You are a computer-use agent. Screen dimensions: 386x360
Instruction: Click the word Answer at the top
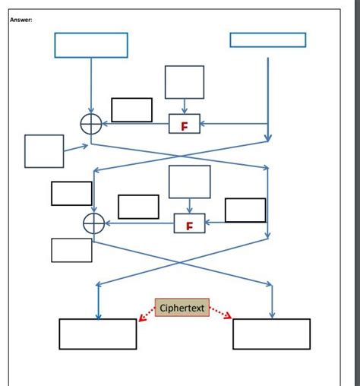pyautogui.click(x=21, y=20)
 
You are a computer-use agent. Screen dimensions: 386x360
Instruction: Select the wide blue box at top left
pyautogui.click(x=90, y=45)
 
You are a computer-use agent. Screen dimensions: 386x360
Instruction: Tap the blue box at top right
pyautogui.click(x=267, y=40)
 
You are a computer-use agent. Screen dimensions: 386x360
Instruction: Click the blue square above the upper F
pyautogui.click(x=185, y=82)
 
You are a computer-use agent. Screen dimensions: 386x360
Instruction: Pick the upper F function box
pyautogui.click(x=185, y=124)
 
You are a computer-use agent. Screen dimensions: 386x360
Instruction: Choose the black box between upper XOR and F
pyautogui.click(x=131, y=109)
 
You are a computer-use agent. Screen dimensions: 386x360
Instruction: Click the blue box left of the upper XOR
pyautogui.click(x=44, y=150)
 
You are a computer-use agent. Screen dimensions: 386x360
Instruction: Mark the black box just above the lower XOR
pyautogui.click(x=71, y=193)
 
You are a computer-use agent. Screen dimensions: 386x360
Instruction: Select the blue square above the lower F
pyautogui.click(x=189, y=182)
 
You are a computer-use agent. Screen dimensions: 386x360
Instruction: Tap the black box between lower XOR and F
pyautogui.click(x=138, y=207)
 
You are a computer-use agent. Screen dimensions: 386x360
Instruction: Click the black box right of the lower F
pyautogui.click(x=245, y=210)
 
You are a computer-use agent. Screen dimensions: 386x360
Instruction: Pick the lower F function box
pyautogui.click(x=189, y=223)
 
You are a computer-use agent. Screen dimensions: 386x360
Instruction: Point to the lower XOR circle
pyautogui.click(x=93, y=223)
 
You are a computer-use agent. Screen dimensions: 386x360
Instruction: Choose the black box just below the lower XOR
pyautogui.click(x=71, y=250)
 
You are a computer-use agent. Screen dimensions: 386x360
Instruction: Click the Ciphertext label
pyautogui.click(x=182, y=308)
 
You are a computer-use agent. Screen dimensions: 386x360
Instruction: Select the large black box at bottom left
pyautogui.click(x=98, y=334)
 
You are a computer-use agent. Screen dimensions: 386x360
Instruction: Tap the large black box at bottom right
pyautogui.click(x=271, y=334)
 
